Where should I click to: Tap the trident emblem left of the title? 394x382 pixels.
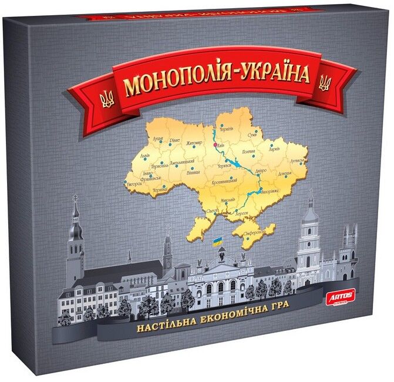(107, 99)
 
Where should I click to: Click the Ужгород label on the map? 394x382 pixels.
(133, 184)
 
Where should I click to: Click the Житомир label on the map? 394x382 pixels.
(193, 143)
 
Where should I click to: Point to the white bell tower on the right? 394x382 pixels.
(309, 241)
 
